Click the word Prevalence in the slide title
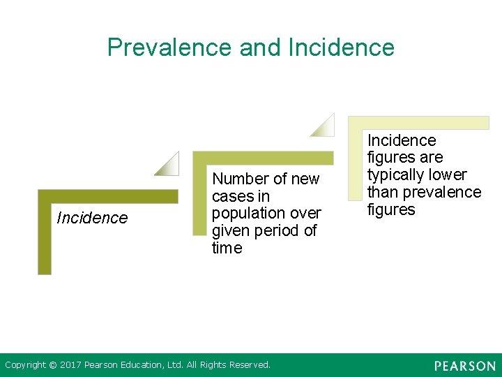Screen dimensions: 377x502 pos(170,47)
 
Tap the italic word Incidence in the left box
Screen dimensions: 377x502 pos(92,218)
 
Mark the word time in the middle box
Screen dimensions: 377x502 pos(227,248)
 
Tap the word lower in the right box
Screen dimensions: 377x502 pos(448,175)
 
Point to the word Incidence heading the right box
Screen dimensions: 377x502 pos(402,140)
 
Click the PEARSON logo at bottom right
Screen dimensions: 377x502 pos(464,366)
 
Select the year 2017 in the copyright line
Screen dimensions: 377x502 pos(71,364)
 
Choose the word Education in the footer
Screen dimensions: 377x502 pos(144,364)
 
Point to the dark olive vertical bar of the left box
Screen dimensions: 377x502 pos(45,237)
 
